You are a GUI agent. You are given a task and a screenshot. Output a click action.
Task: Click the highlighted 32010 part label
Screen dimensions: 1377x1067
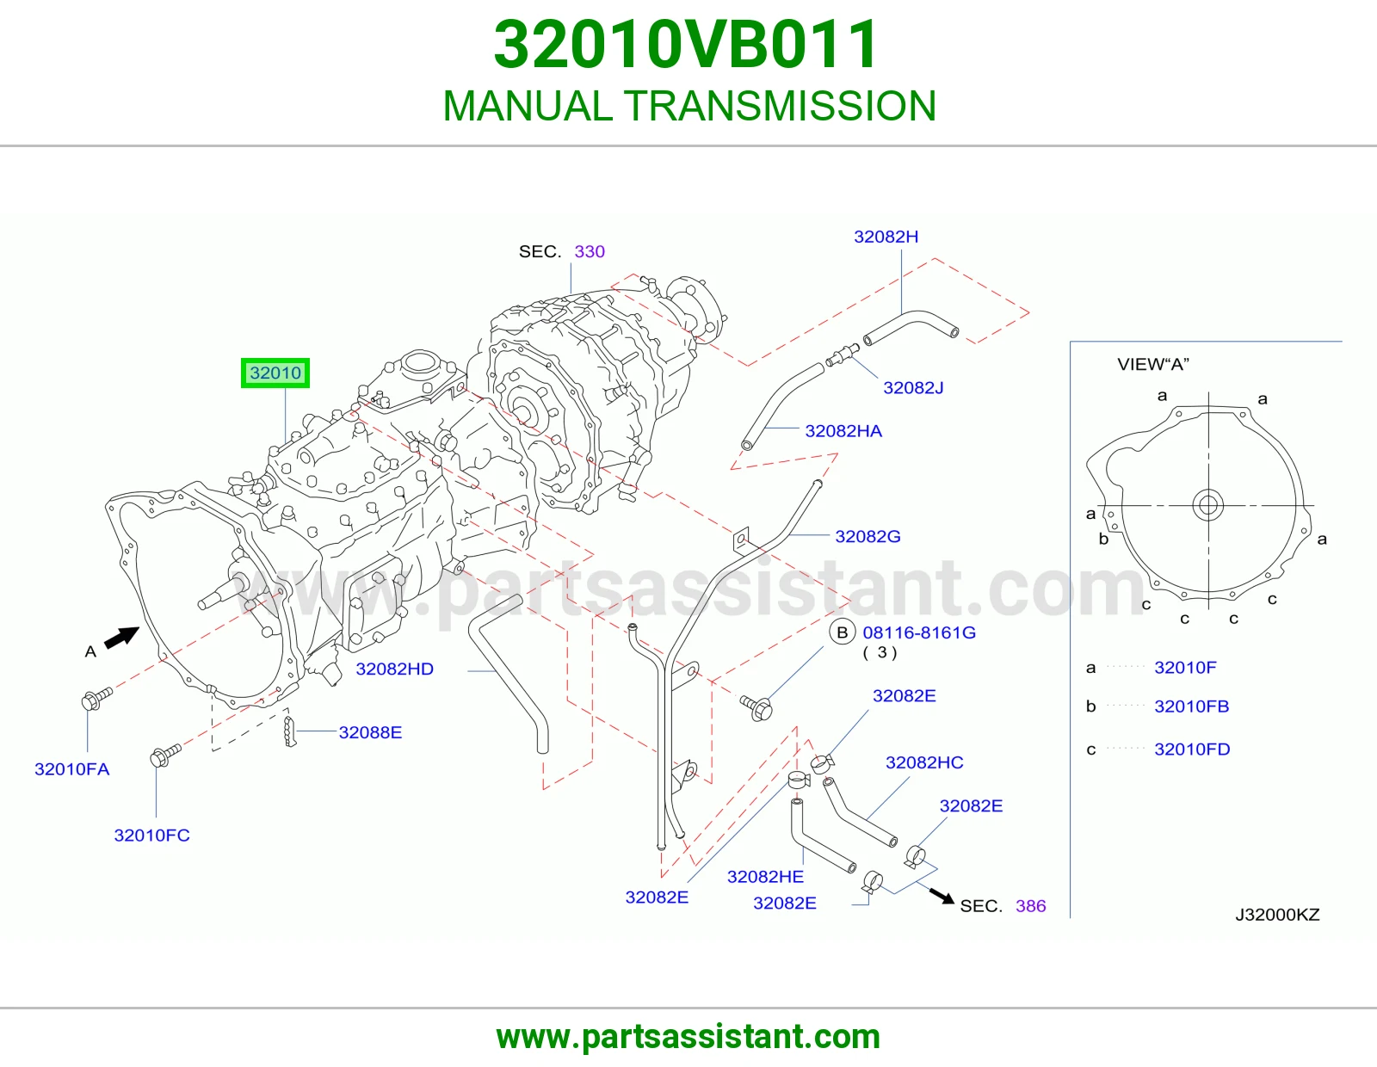point(275,373)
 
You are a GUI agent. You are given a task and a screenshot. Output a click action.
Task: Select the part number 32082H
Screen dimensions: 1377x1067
point(886,237)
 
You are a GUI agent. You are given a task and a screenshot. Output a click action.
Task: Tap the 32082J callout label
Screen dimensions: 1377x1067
point(913,388)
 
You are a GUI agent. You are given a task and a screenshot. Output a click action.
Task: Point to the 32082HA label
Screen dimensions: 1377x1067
point(843,431)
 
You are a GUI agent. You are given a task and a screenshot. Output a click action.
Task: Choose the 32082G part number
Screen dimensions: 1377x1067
point(868,537)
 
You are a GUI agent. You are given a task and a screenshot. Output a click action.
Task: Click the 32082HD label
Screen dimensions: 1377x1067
point(394,669)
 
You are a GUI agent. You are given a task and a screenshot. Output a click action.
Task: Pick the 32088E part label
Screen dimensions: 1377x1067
point(370,732)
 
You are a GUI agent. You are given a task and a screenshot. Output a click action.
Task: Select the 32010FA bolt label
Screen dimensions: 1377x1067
point(71,769)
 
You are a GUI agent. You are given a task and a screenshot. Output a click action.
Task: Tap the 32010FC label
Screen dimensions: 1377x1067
point(151,835)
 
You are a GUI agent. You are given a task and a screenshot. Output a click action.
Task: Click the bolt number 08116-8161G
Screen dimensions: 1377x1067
point(919,632)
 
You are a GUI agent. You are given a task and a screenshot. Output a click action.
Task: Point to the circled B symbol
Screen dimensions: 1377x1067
point(843,632)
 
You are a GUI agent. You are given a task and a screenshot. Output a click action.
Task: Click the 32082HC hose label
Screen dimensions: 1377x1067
point(924,762)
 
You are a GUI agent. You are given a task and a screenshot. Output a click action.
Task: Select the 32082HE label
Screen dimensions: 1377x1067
point(765,877)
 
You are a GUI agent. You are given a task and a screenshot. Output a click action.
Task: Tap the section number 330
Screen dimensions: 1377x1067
point(590,251)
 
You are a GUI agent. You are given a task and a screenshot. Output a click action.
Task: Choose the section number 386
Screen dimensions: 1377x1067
point(1030,906)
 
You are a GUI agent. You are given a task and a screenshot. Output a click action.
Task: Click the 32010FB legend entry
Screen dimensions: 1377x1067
point(1191,706)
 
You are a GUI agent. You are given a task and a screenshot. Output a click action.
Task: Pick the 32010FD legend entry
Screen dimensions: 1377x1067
point(1192,749)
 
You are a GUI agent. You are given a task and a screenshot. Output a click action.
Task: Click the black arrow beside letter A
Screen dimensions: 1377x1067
point(121,637)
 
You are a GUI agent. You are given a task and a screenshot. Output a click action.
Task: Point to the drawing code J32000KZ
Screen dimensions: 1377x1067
point(1277,915)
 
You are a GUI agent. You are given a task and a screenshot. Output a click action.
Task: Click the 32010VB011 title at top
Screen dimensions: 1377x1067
point(686,45)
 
